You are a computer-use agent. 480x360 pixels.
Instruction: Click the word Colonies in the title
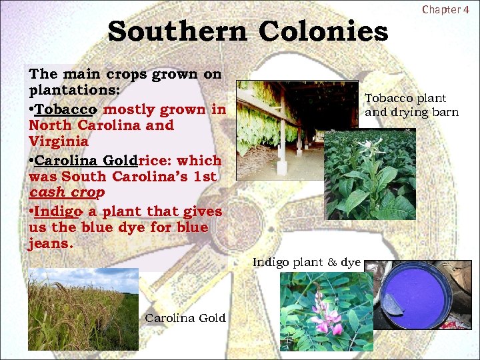pyautogui.click(x=323, y=31)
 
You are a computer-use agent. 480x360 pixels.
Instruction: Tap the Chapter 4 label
pyautogui.click(x=446, y=9)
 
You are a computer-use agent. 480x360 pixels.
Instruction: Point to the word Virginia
pyautogui.click(x=59, y=141)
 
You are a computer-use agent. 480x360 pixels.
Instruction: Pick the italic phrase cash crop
pyautogui.click(x=67, y=192)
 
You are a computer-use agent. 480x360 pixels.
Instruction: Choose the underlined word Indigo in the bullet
pyautogui.click(x=57, y=211)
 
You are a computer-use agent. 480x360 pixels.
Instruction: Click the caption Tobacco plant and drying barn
pyautogui.click(x=411, y=105)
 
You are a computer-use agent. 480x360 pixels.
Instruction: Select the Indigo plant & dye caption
pyautogui.click(x=306, y=263)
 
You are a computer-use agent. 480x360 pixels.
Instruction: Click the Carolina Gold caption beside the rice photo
pyautogui.click(x=185, y=318)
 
